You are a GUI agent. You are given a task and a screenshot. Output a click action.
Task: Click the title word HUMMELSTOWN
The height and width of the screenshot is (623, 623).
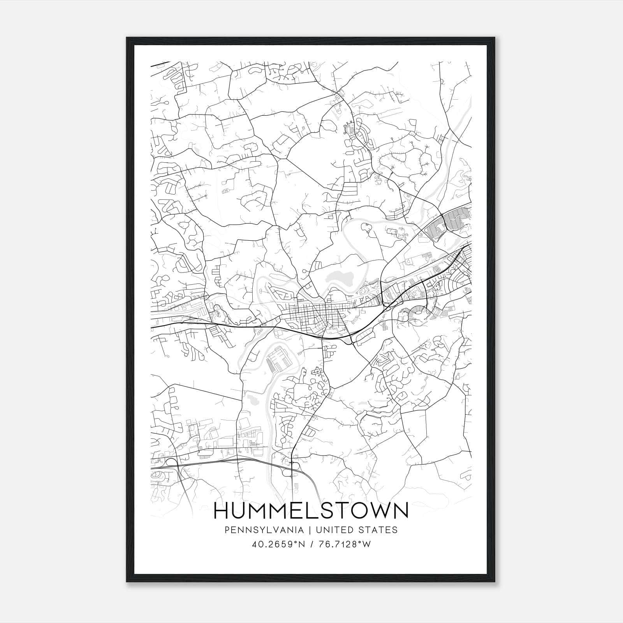[311, 510]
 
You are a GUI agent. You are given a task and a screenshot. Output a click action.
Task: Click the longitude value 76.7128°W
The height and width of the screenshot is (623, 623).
[345, 544]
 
